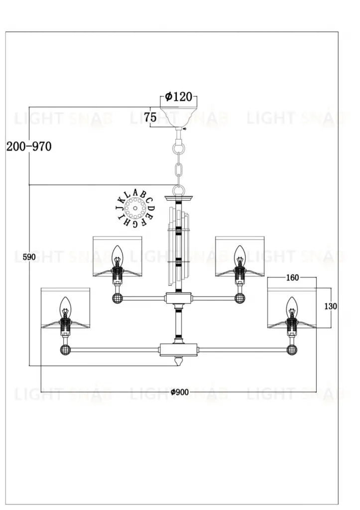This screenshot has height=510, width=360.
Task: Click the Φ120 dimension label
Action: click(x=178, y=97)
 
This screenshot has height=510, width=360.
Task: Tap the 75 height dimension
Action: click(x=150, y=118)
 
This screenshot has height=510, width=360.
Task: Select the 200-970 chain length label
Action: click(x=28, y=146)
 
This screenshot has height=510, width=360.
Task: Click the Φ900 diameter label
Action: click(x=179, y=392)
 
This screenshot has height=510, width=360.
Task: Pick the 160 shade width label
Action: click(x=293, y=278)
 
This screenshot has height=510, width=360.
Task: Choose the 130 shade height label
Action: click(x=331, y=306)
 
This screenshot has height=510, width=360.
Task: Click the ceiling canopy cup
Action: click(x=178, y=118)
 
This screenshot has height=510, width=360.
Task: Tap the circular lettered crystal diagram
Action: click(x=135, y=207)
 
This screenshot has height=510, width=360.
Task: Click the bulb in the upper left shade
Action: click(x=117, y=255)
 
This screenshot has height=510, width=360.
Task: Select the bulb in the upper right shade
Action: click(x=240, y=255)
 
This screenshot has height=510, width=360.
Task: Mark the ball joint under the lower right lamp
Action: click(x=292, y=350)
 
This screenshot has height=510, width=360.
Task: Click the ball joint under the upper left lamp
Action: click(x=117, y=298)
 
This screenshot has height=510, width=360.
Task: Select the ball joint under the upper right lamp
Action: click(x=240, y=298)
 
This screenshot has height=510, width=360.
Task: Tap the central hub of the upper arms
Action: click(x=178, y=298)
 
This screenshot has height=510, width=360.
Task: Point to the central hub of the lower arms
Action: click(x=178, y=350)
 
